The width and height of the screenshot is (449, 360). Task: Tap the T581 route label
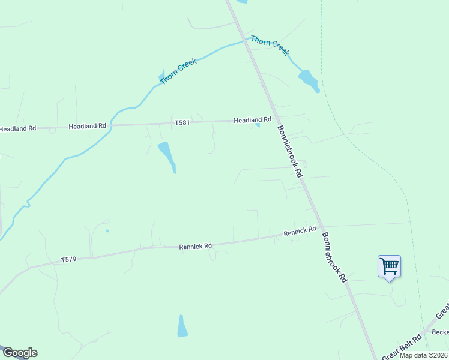(182, 123)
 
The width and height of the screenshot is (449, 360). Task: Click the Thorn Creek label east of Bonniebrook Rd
(270, 45)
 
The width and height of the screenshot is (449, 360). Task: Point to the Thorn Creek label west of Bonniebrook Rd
(178, 72)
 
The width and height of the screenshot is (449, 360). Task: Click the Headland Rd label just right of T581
(249, 120)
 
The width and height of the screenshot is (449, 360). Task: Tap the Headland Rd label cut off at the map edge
(18, 128)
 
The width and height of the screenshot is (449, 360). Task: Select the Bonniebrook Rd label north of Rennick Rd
(289, 151)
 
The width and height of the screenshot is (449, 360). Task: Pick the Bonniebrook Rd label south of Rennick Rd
(334, 257)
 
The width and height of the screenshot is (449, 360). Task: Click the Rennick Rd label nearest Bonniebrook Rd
(300, 231)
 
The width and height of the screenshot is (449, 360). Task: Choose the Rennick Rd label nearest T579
(196, 246)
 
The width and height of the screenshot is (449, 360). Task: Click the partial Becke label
(440, 332)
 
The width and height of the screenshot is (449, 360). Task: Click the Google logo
(20, 353)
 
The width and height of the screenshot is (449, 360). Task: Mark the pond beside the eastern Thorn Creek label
(309, 80)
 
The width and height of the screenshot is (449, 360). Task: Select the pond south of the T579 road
(182, 326)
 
